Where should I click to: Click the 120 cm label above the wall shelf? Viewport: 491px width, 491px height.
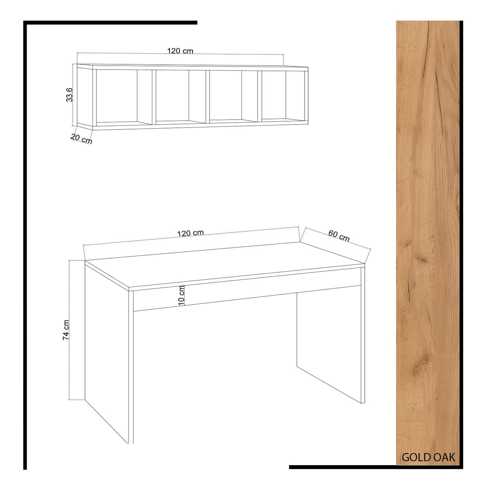[180, 51]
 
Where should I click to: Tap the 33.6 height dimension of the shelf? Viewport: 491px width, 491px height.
[70, 95]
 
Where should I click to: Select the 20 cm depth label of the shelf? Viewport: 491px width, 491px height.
[81, 139]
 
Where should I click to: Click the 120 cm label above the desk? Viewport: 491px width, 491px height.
[190, 233]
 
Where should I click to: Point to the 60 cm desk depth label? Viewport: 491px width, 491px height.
[339, 236]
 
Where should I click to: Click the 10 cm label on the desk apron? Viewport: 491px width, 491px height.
[181, 295]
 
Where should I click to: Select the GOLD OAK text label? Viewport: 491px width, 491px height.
[428, 457]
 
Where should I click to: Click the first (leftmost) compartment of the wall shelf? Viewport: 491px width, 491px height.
[124, 97]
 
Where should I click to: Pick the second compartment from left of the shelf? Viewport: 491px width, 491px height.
[181, 97]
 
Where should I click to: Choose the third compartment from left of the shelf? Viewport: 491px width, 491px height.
[233, 96]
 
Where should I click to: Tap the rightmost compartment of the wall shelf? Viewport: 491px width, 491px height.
[283, 95]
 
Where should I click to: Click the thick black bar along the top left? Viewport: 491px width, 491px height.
[110, 23]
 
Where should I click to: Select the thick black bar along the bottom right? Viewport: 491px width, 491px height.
[376, 467]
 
